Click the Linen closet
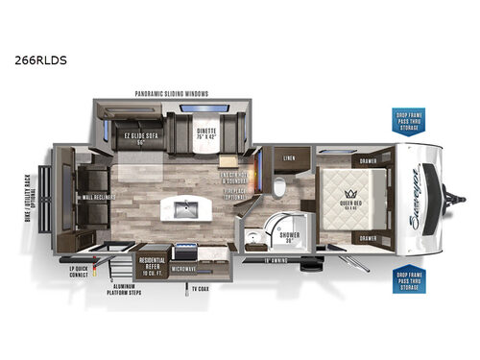(x=291, y=156)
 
